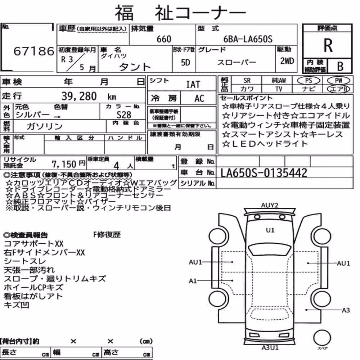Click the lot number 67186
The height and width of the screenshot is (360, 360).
coord(34,51)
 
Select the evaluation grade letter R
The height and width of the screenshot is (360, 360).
coord(328,45)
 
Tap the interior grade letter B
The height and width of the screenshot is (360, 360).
coord(340,66)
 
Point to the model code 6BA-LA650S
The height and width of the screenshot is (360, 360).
coord(248,39)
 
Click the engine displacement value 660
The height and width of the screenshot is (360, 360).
coord(164,39)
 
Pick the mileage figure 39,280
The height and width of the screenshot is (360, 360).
coord(79,96)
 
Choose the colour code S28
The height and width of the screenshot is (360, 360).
coord(124,115)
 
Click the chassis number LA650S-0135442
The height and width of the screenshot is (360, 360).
coord(264,173)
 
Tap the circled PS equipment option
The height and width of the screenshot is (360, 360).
coord(309,80)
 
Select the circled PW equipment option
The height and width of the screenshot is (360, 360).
coord(338,80)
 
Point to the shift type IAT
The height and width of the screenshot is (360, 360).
coord(193,85)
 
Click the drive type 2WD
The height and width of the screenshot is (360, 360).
coord(287,61)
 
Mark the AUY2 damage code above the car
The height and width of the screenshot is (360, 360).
coord(270,205)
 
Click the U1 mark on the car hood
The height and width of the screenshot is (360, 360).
coord(270,230)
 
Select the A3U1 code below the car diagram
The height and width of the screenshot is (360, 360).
coord(270,348)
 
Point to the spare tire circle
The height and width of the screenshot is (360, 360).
coord(322,338)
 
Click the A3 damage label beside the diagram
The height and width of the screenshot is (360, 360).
coord(346,310)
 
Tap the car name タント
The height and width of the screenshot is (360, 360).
coord(135,67)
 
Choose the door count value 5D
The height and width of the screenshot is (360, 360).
coord(185,62)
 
